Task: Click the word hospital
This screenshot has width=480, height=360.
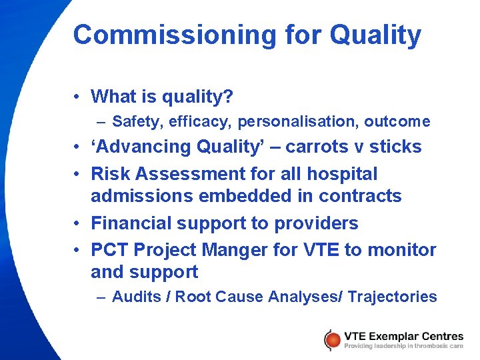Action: coord(342,173)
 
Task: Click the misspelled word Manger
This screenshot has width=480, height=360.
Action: coord(237,249)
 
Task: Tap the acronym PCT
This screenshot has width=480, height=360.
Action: coord(109,249)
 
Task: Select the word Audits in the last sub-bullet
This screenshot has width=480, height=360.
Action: coord(139,297)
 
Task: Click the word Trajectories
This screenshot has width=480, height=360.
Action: coord(392,297)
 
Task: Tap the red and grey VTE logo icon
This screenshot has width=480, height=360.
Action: coord(331,340)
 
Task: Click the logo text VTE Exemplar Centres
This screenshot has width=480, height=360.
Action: coord(403,335)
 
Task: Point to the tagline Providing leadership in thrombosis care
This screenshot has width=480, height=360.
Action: coord(403,346)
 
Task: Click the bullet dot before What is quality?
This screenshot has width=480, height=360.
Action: coord(78,97)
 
